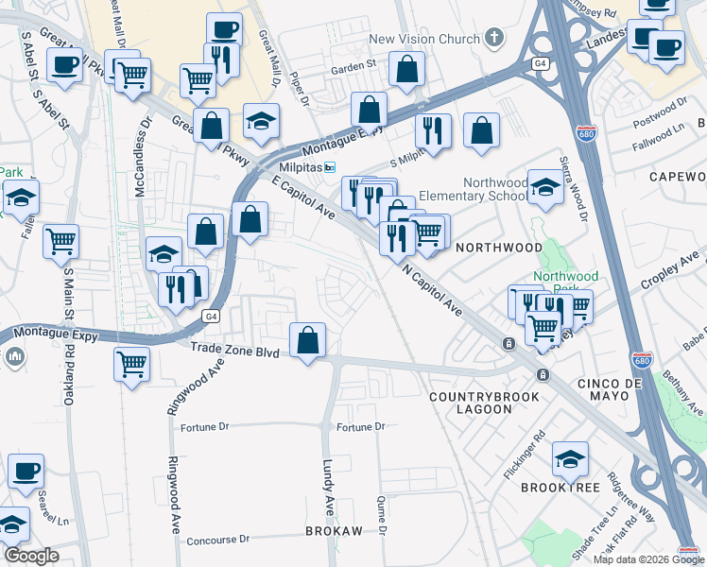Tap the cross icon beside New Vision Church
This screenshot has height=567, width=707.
(x=492, y=39)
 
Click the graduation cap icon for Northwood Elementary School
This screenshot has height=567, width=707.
(x=545, y=187)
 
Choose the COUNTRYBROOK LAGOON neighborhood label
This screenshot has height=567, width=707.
(x=484, y=403)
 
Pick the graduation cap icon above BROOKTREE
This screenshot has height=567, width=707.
(x=570, y=459)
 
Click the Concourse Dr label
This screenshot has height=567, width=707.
(x=217, y=539)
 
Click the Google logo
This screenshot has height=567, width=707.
(x=31, y=556)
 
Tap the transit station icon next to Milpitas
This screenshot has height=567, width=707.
(x=330, y=167)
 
